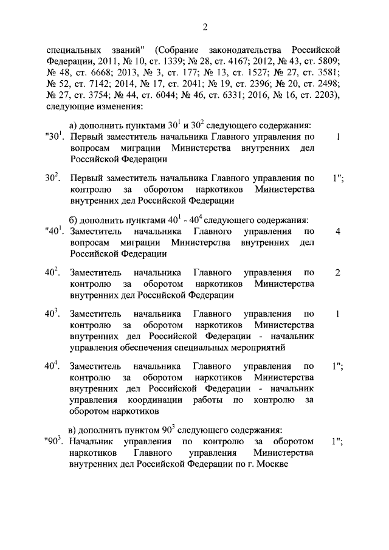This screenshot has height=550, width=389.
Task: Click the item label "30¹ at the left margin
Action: tap(55, 137)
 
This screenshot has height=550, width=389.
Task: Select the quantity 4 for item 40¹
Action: tap(337, 232)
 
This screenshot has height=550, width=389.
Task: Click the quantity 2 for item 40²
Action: tap(337, 272)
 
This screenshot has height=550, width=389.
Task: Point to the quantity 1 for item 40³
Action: tap(337, 314)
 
